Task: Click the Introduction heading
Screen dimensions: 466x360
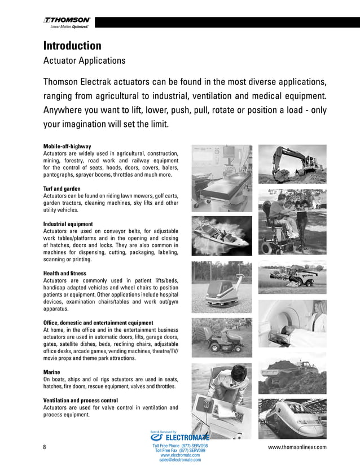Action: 72,46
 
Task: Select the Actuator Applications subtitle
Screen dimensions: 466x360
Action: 84,60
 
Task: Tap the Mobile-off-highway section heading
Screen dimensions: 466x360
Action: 67,146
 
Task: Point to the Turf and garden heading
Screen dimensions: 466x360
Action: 62,188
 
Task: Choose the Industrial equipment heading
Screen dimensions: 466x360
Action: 68,224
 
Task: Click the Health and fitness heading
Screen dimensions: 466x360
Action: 64,274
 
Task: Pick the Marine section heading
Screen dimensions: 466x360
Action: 52,372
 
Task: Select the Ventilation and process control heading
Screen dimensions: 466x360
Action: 80,401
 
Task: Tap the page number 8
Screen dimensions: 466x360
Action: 45,447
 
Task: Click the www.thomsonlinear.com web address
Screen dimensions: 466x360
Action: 297,447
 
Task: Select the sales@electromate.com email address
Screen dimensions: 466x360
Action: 180,460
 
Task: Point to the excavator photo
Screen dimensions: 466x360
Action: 292,164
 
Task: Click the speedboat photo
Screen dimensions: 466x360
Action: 221,232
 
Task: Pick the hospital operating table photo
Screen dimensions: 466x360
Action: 221,172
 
